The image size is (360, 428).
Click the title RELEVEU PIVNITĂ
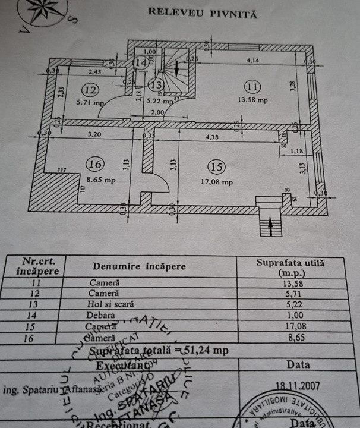point(202,12)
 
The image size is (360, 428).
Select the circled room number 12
point(90,90)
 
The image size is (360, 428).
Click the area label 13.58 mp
point(253,100)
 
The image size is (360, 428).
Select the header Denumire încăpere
point(139,267)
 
